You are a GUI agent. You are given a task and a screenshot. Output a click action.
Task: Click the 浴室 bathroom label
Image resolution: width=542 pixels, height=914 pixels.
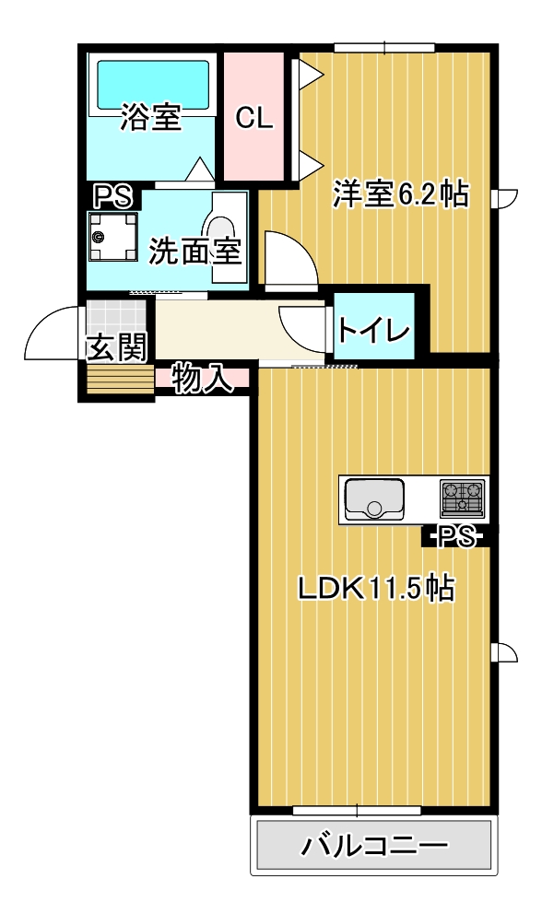pos(151,118)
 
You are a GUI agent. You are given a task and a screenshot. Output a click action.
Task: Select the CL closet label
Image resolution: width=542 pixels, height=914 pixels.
pos(253,118)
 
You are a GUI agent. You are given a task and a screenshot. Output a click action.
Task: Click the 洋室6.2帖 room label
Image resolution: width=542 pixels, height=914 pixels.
pos(400,194)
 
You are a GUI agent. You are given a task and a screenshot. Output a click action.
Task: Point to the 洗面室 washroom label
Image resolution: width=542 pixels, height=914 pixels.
pos(195,251)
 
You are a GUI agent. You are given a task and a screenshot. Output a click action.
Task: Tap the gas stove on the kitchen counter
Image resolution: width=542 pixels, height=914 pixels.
pos(464,498)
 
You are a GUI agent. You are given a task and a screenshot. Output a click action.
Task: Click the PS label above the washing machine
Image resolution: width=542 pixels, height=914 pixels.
pos(112,195)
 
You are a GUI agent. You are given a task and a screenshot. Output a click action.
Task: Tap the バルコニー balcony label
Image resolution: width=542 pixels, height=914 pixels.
pos(375,845)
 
